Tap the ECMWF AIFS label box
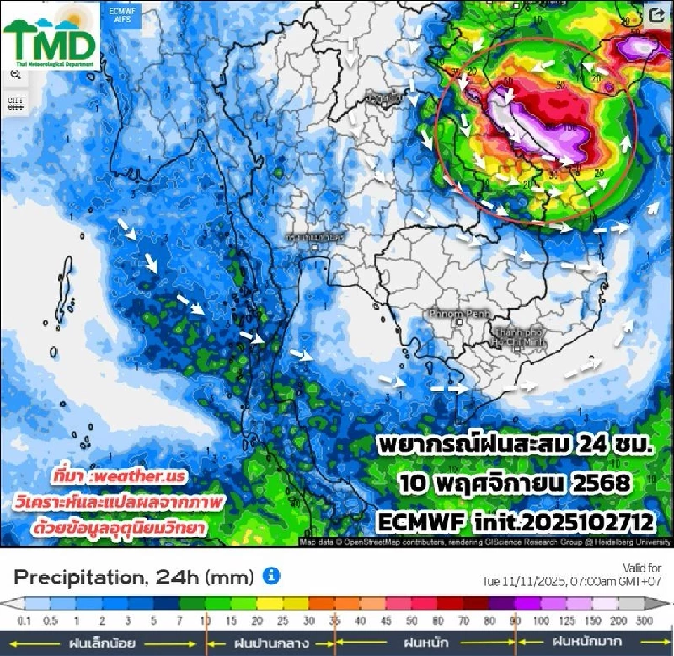click(118, 15)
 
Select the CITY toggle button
click(15, 103)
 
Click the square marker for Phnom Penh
click(458, 322)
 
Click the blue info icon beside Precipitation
click(271, 577)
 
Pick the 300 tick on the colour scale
click(645, 622)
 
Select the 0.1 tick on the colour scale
click(25, 622)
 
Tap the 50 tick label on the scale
click(412, 622)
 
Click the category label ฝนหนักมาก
click(586, 642)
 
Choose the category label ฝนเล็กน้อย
click(101, 642)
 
